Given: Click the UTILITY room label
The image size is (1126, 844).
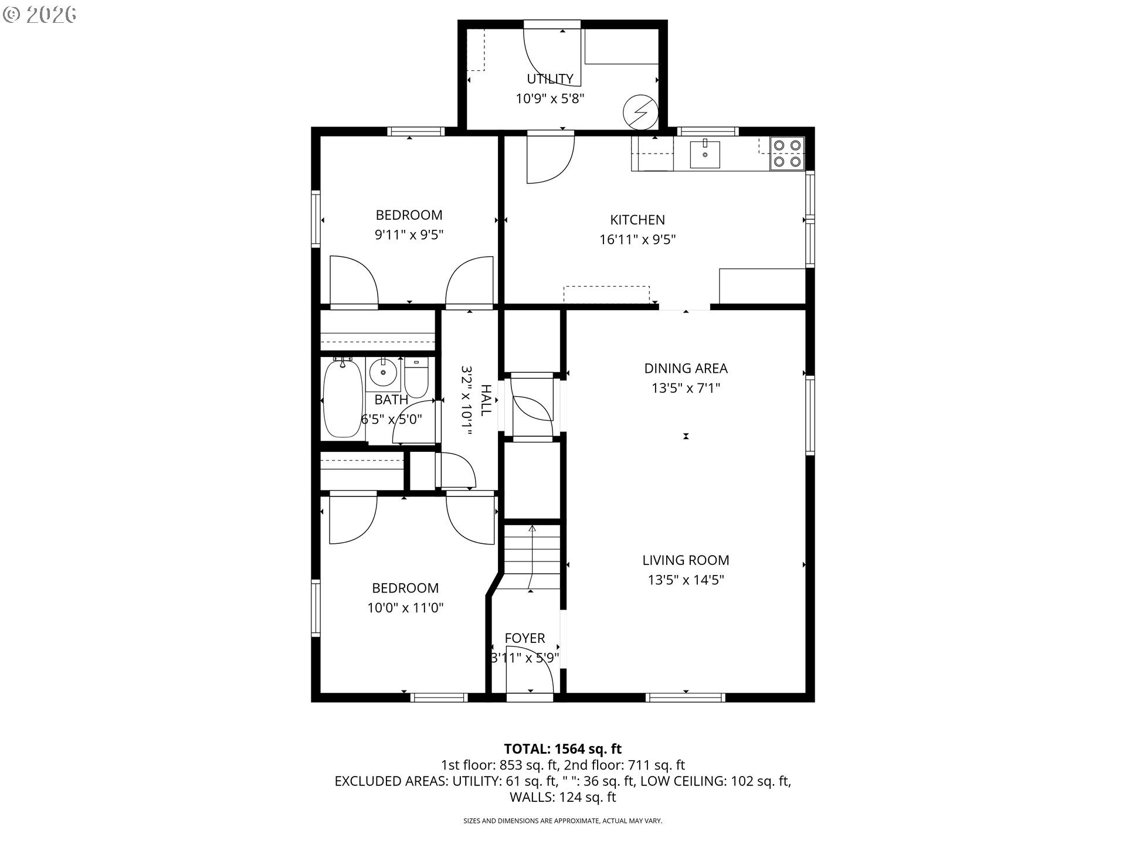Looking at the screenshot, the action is point(550,79).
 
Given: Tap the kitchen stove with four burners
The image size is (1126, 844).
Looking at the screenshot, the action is point(787,153).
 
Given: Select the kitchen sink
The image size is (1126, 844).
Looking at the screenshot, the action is point(704,154).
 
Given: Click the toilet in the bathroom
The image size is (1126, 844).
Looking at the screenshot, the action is point(417,377).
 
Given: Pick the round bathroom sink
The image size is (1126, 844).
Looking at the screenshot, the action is point(384,373).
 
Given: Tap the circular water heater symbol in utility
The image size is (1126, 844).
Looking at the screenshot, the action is point(640,111).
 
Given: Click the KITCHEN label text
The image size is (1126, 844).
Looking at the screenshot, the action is point(637,220).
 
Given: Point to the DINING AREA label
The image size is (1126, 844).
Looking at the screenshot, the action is point(686,368).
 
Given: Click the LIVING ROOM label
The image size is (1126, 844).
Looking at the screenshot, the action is point(686,560).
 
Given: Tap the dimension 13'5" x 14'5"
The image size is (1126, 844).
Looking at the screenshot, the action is point(686,580).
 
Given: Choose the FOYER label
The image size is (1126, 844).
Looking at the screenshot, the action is point(525,638).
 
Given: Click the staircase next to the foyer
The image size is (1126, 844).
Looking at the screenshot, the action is point(532,557).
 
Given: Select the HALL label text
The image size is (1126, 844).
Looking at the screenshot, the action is point(486,400).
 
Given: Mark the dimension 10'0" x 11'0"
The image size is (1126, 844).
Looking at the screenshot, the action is point(405,608).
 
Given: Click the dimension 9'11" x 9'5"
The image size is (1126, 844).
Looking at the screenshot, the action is point(409,235).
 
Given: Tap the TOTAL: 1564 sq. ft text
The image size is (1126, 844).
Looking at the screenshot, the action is point(562,748).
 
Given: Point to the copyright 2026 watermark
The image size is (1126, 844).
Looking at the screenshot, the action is point(39,14).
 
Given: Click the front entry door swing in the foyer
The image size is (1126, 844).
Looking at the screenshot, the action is point(530,669).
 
